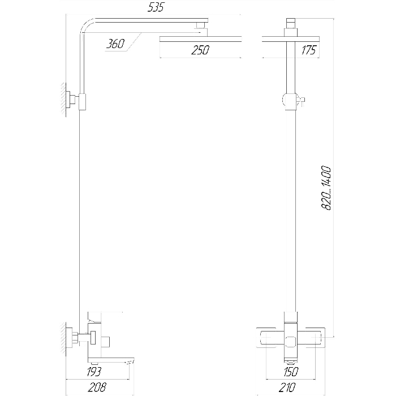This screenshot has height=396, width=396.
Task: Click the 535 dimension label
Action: click(156, 7)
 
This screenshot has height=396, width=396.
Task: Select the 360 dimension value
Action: click(115, 44)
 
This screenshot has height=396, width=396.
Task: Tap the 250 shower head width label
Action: click(200, 50)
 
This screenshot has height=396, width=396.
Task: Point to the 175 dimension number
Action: click(309, 50)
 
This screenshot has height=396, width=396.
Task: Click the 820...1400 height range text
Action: click(326, 188)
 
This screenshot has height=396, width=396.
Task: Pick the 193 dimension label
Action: click(94, 372)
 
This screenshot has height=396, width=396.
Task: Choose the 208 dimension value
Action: click(97, 387)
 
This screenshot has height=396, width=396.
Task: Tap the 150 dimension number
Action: click(291, 372)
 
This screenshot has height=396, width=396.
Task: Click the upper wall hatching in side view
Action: click(63, 100)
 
